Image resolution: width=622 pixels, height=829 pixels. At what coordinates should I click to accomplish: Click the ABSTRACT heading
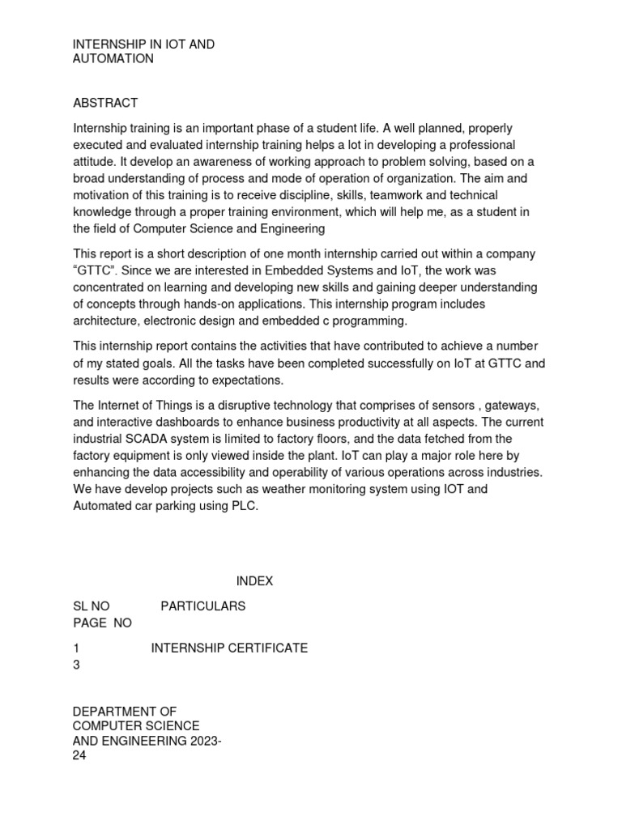(105, 103)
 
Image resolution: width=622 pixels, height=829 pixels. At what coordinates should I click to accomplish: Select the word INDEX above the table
(254, 581)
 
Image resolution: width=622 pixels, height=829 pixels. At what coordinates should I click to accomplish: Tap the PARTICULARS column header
(202, 606)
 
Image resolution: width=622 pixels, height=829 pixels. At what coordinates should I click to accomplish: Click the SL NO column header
(92, 606)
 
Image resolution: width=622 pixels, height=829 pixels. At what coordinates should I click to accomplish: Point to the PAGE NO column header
(102, 623)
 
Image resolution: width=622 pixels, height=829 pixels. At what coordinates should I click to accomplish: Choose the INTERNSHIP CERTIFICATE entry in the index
(229, 648)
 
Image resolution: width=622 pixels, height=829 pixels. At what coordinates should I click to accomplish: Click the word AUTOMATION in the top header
(113, 59)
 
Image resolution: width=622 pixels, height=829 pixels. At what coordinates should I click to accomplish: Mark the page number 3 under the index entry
(77, 665)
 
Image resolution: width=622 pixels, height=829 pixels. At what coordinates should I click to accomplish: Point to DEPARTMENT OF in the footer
(125, 711)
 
